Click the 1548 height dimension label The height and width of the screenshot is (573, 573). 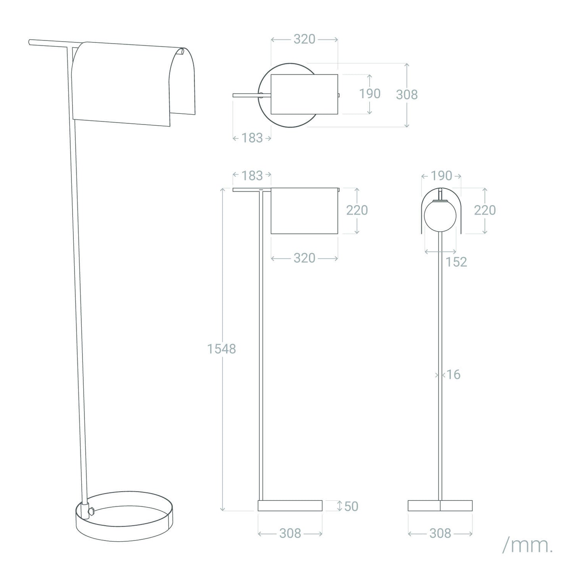[222, 349]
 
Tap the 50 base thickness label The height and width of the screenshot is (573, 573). [351, 506]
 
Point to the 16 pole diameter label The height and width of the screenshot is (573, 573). [453, 375]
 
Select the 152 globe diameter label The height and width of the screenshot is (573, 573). [456, 262]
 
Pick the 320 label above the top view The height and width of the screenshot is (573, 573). [305, 39]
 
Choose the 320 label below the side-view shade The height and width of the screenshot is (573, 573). [305, 258]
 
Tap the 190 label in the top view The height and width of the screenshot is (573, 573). [370, 94]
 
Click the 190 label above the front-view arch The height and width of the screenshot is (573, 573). [441, 176]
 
